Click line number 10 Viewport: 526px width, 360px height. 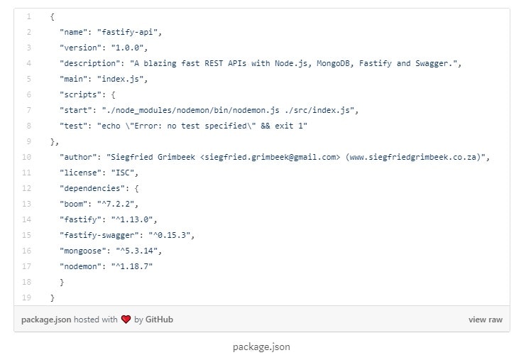pos(26,157)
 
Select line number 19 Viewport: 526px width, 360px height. pos(26,298)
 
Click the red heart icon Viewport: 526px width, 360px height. pos(126,320)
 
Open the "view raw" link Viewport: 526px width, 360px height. pos(485,320)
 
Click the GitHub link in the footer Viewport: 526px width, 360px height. pos(159,320)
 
